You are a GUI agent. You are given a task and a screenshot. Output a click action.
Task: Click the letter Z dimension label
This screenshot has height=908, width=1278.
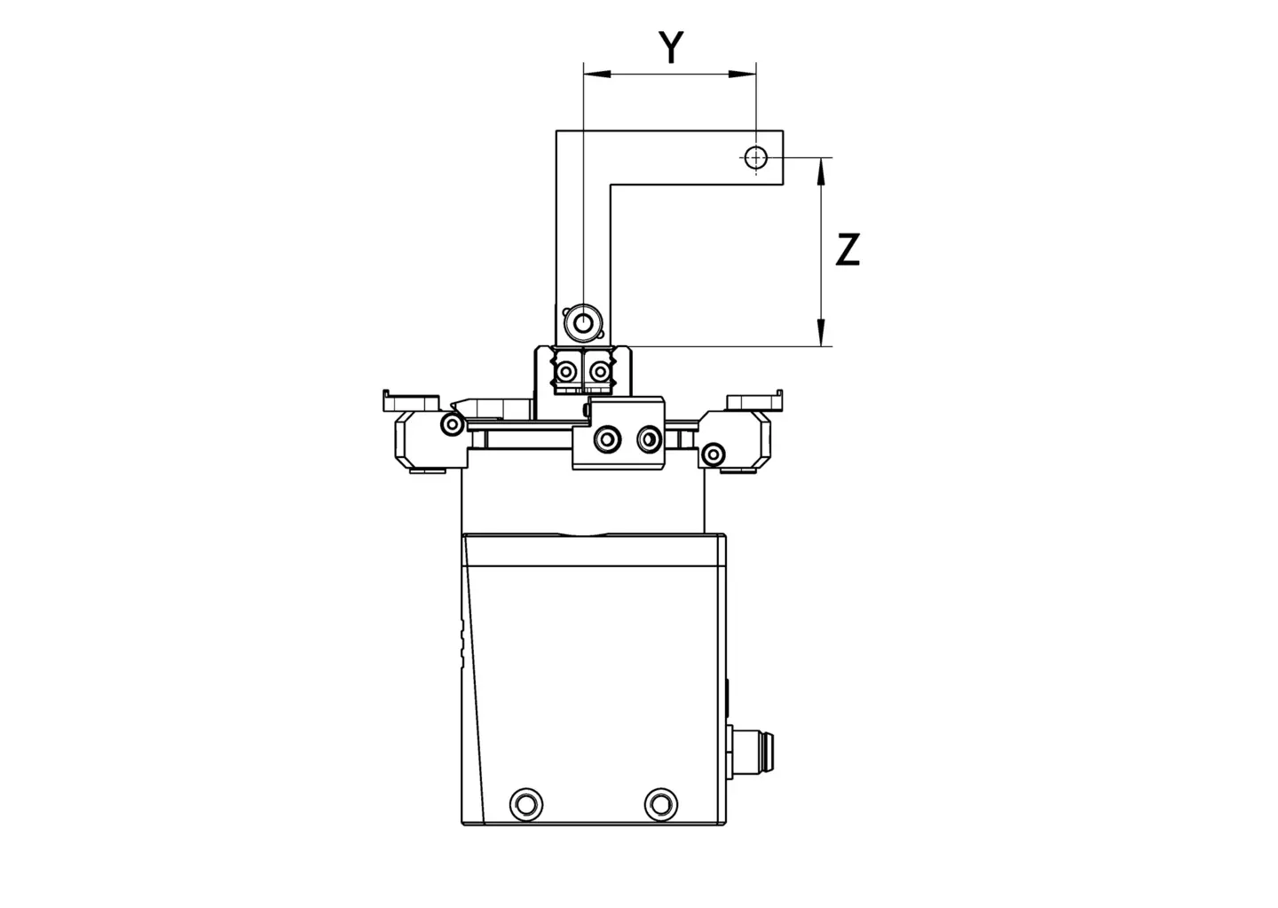tap(848, 250)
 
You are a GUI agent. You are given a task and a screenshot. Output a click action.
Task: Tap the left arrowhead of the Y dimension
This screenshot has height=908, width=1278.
tap(596, 74)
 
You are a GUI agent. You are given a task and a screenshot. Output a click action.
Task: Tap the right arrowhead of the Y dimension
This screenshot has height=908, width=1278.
tap(743, 74)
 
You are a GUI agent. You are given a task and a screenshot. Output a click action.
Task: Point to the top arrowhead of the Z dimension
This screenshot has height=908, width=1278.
tap(821, 170)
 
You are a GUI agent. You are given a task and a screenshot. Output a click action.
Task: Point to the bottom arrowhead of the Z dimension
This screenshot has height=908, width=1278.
tap(821, 332)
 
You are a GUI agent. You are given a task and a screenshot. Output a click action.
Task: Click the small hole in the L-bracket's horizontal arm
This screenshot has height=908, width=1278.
tap(756, 157)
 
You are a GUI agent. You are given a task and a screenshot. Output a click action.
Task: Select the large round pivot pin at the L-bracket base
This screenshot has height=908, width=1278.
tap(582, 323)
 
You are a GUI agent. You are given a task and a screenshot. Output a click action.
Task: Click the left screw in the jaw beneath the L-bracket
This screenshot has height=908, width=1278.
tap(566, 372)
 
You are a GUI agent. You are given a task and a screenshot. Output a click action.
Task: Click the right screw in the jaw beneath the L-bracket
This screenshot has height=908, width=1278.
tap(600, 372)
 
